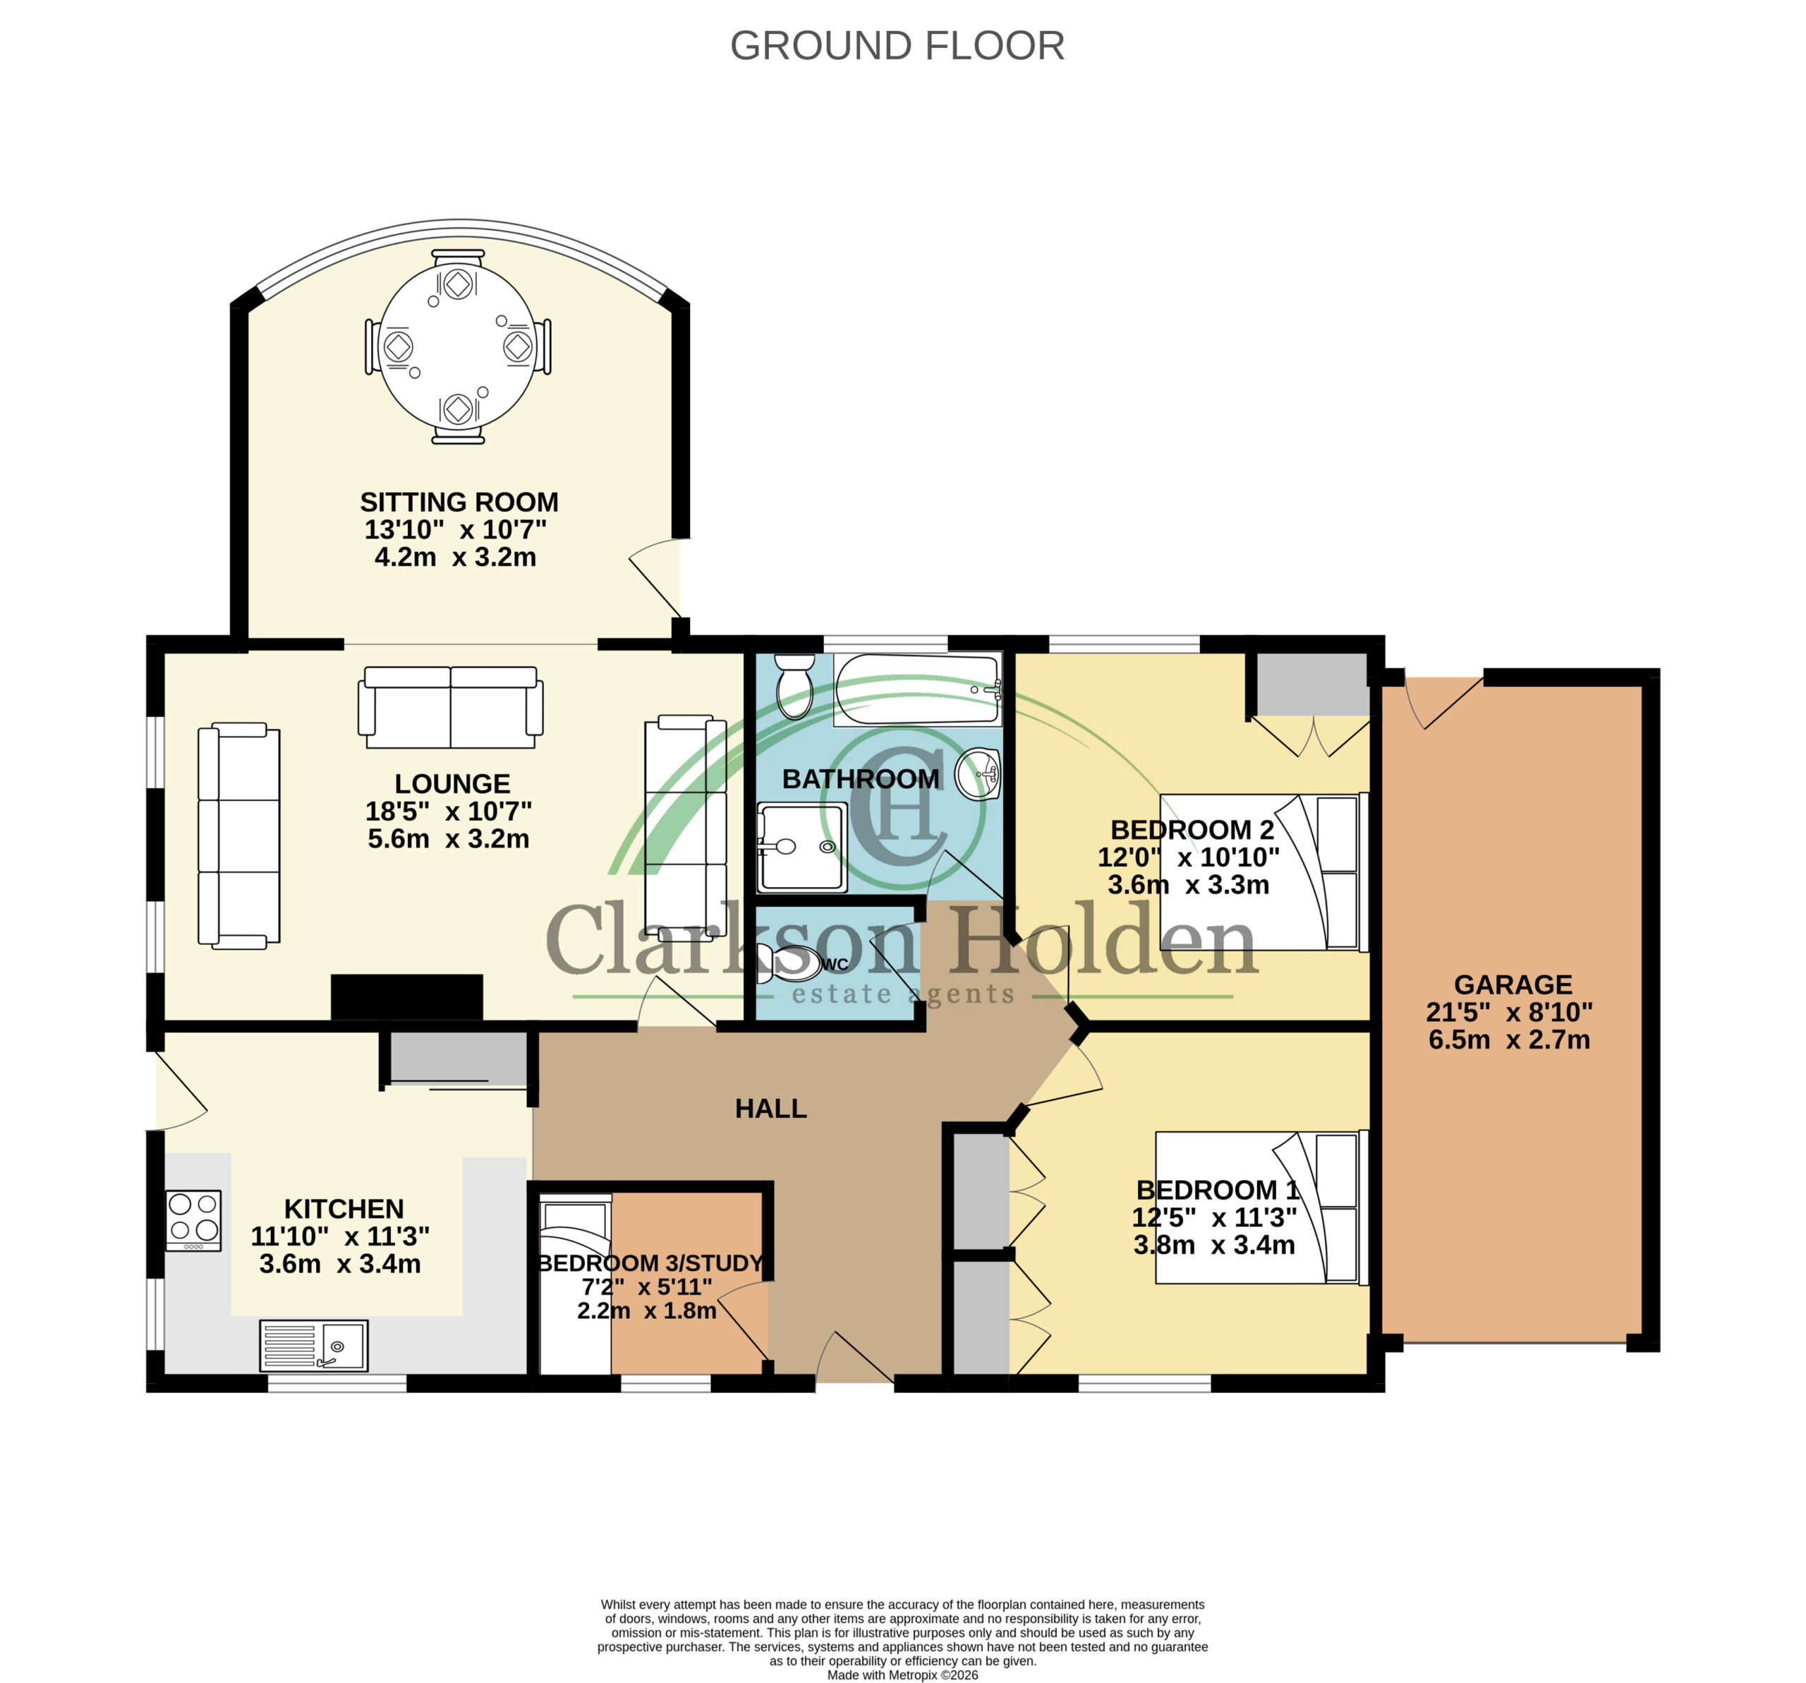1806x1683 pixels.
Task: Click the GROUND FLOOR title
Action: [x=897, y=45]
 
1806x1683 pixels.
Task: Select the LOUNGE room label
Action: [x=452, y=783]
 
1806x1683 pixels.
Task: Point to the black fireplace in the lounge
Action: [x=406, y=997]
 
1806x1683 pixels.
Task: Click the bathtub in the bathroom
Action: [x=918, y=689]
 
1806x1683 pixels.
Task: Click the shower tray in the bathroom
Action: [x=802, y=847]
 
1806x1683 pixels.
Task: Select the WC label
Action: [x=835, y=964]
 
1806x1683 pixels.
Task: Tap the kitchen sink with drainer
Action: [x=313, y=1345]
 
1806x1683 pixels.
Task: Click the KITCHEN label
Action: [x=344, y=1209]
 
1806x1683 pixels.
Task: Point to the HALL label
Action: [x=770, y=1109]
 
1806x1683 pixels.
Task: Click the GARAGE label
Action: [x=1513, y=984]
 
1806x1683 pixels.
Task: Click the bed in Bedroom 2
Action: [x=1263, y=871]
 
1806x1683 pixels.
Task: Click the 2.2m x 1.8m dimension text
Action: [x=646, y=1310]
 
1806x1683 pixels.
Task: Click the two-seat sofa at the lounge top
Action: [x=451, y=707]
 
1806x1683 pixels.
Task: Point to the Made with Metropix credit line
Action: [x=902, y=1675]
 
